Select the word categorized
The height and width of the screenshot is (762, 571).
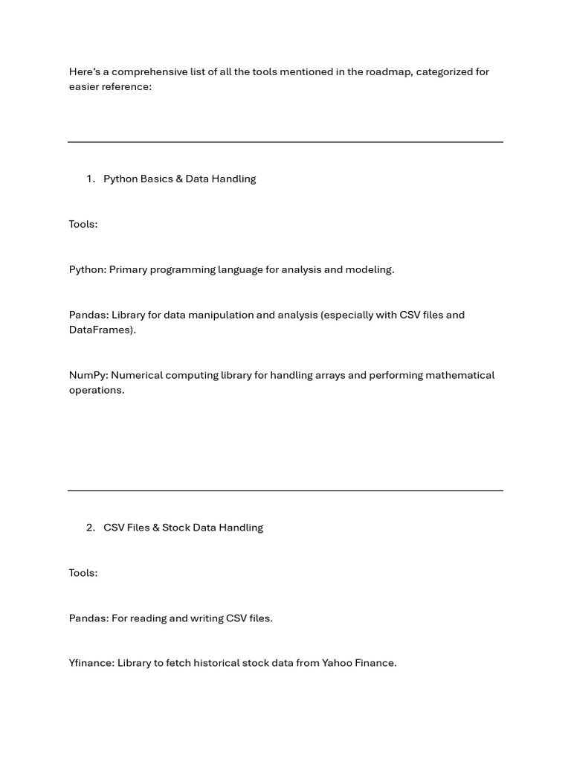[445, 71]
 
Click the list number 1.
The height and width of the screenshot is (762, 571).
[90, 179]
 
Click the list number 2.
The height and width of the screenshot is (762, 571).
[90, 528]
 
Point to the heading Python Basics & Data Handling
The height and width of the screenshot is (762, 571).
[179, 179]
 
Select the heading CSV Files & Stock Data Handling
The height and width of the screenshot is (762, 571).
[183, 528]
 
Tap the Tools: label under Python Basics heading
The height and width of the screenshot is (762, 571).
[83, 224]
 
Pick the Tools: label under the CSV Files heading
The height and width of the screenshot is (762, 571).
[83, 573]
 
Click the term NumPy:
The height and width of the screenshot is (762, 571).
[88, 375]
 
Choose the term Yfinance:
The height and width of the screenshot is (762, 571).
[91, 663]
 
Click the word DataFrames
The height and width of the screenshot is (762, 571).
[101, 330]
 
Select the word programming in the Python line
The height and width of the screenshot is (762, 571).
[181, 269]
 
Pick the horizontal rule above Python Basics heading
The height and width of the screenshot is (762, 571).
[285, 141]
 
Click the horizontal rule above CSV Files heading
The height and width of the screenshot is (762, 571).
[285, 490]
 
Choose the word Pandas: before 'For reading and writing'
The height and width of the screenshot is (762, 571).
[88, 618]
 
